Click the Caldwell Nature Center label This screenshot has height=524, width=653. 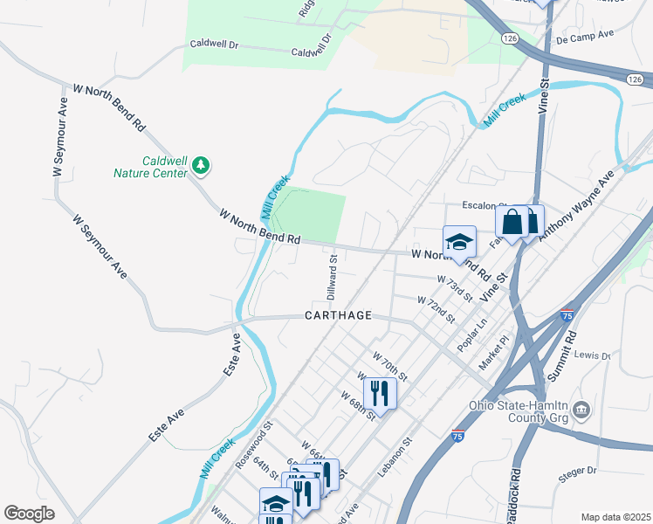pyautogui.click(x=150, y=167)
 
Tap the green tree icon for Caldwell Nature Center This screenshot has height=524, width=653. pyautogui.click(x=202, y=164)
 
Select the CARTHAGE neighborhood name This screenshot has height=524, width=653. pyautogui.click(x=339, y=315)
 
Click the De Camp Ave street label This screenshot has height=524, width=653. pyautogui.click(x=586, y=38)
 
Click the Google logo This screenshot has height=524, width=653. pyautogui.click(x=30, y=514)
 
